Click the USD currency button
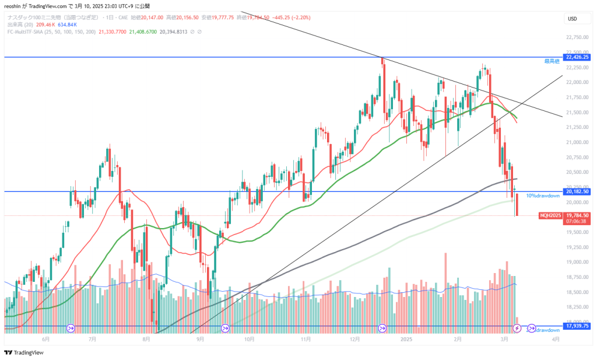coord(572,19)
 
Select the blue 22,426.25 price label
coord(574,57)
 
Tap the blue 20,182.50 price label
coord(574,191)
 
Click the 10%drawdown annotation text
coord(539,196)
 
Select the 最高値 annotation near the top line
coord(552,61)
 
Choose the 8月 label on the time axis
coord(145,339)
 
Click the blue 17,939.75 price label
coord(574,326)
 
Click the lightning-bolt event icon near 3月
coord(516,328)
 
